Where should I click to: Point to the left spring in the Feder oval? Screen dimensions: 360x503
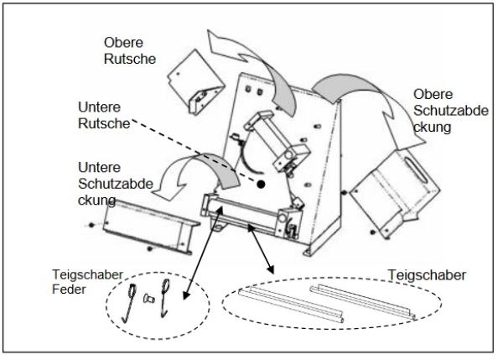tap(133, 300)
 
